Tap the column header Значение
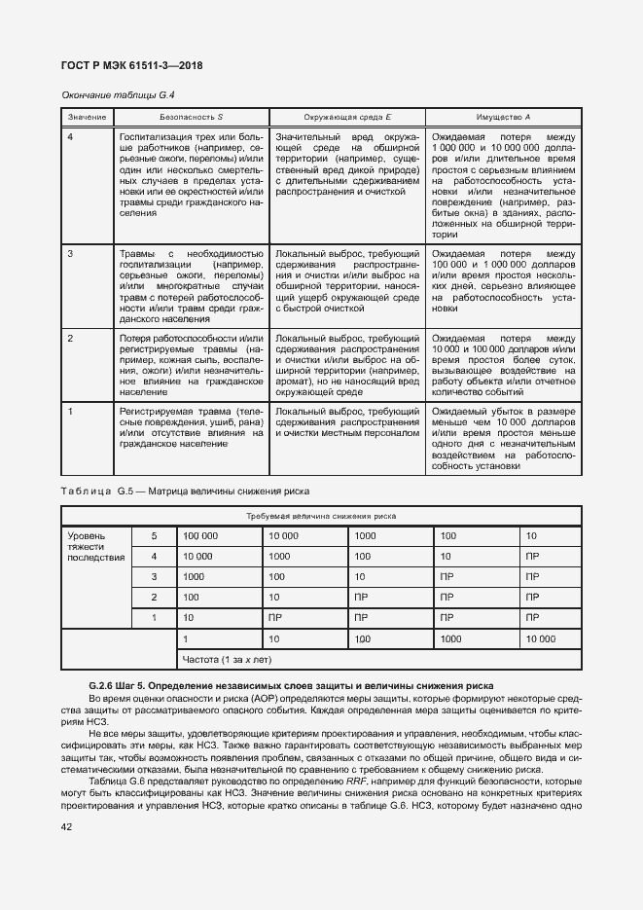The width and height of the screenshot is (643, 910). tap(86, 117)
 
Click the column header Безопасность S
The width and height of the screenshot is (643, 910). tap(191, 117)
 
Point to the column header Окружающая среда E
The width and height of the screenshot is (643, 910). tap(346, 117)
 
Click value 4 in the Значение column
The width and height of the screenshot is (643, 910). tap(70, 136)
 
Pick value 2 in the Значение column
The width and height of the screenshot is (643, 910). tap(70, 338)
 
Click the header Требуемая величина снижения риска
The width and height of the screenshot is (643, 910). tap(321, 517)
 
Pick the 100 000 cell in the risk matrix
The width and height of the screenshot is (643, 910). tap(200, 535)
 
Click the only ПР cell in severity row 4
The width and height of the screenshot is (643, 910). tap(532, 556)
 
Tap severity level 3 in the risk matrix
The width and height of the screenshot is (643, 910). tap(152, 576)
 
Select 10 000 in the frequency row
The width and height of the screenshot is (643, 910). tap(540, 638)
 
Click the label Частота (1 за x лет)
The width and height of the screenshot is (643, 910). tap(226, 660)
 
